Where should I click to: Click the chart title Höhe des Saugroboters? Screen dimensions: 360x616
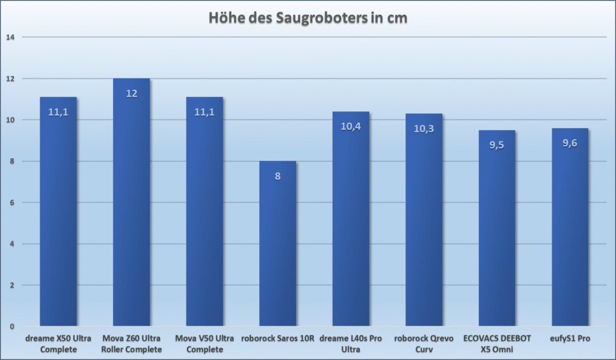[307, 18]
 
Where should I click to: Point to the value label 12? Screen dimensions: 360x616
[132, 93]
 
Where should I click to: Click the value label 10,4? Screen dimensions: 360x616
[351, 126]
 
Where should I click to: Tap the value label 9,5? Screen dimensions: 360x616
[497, 145]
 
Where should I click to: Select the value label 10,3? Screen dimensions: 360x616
[424, 129]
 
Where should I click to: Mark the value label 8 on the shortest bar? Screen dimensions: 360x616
[278, 176]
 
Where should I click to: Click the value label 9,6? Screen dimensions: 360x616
[570, 143]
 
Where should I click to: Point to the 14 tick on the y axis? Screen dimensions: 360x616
[10, 37]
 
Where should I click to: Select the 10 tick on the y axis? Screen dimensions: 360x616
[10, 120]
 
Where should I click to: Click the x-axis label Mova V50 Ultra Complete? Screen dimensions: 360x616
[205, 344]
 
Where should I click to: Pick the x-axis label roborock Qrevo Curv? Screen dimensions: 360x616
[424, 344]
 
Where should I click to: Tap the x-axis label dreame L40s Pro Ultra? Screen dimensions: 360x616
[351, 344]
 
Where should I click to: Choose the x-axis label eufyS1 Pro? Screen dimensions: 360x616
[570, 339]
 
